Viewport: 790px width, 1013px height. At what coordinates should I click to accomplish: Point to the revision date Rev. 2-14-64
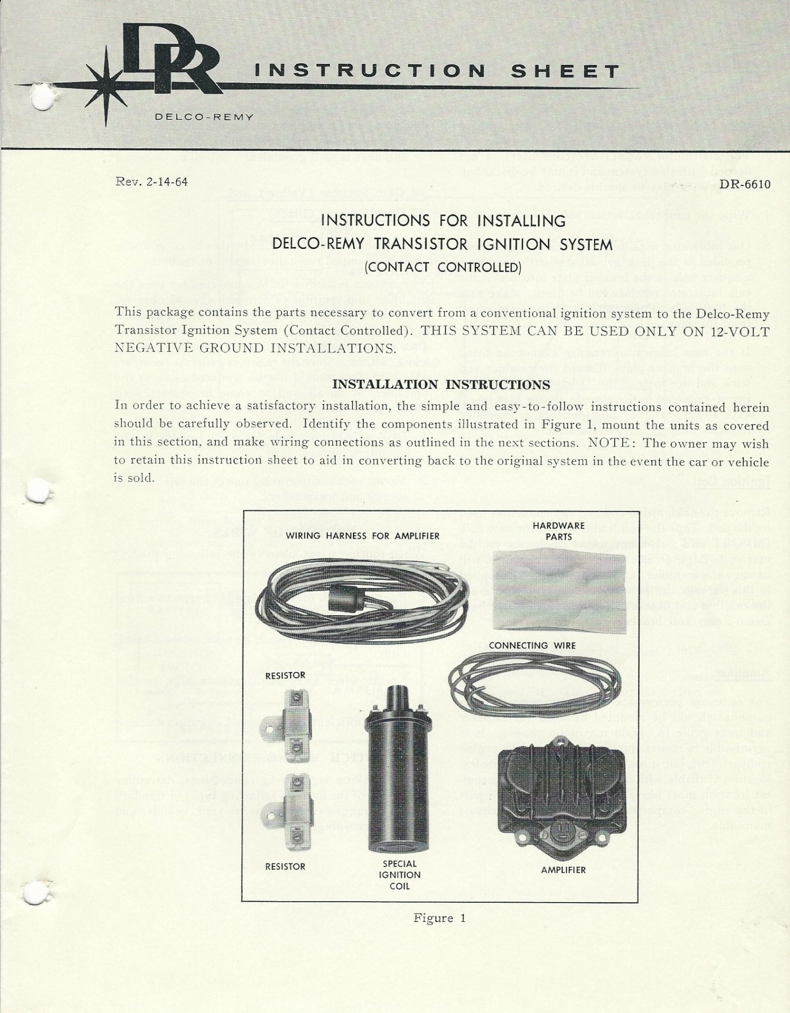(150, 182)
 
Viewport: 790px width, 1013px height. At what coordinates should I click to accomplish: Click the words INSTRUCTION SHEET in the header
(436, 72)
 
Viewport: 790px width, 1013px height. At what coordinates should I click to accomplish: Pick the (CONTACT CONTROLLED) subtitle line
(443, 268)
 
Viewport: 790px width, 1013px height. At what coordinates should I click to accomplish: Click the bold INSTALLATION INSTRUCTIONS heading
(441, 385)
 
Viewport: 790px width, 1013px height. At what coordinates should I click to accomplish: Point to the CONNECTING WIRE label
(532, 645)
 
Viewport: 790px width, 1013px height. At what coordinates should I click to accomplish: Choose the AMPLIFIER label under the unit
(563, 870)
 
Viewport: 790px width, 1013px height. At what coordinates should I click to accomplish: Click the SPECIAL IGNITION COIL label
(399, 875)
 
